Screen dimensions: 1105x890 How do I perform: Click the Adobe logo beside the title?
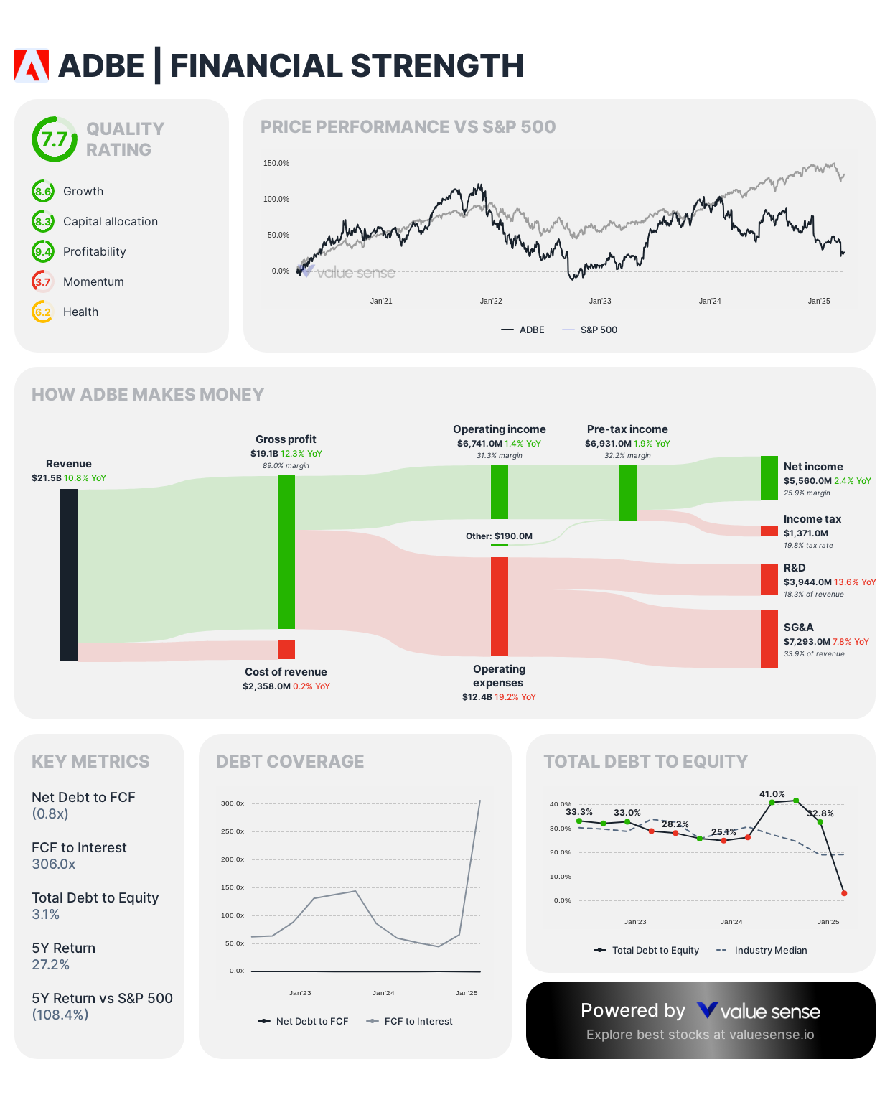32,65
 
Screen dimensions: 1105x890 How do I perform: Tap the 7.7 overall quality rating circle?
54,139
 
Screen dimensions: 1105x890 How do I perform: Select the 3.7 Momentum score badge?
43,281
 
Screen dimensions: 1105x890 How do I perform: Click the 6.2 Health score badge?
43,312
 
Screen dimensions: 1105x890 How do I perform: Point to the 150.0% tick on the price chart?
276,164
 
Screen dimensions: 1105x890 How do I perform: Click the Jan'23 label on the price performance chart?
600,301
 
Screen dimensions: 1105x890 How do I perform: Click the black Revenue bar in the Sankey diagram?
69,574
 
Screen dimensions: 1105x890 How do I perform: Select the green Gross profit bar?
286,551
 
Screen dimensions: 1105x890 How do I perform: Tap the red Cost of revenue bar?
286,649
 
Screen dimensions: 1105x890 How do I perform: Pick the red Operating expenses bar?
500,606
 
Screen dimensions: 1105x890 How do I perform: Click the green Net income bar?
769,478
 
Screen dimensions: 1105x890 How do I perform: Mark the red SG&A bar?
769,638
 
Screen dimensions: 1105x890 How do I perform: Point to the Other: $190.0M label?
499,536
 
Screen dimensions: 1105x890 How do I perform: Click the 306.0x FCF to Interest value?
54,864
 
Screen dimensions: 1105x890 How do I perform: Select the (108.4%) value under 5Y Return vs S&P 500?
60,1015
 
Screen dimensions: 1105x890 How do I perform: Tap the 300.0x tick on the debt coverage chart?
233,803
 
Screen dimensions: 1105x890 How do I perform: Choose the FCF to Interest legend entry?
418,1021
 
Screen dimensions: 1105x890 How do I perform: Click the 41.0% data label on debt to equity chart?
772,794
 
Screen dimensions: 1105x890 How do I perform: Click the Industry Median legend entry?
770,950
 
